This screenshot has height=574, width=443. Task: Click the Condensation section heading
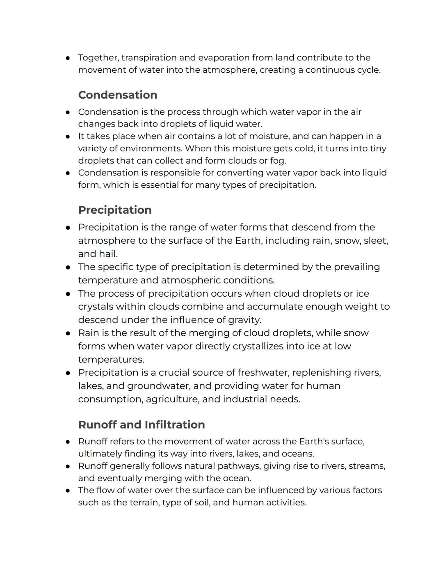click(x=117, y=95)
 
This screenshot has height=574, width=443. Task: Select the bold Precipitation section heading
click(x=114, y=210)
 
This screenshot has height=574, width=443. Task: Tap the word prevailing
click(x=356, y=267)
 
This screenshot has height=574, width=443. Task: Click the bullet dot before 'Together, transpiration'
click(x=68, y=58)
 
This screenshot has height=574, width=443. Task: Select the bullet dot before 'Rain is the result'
click(x=68, y=333)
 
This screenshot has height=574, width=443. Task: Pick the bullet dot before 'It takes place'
click(x=68, y=136)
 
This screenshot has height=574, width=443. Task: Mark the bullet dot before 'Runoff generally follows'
click(x=68, y=466)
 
